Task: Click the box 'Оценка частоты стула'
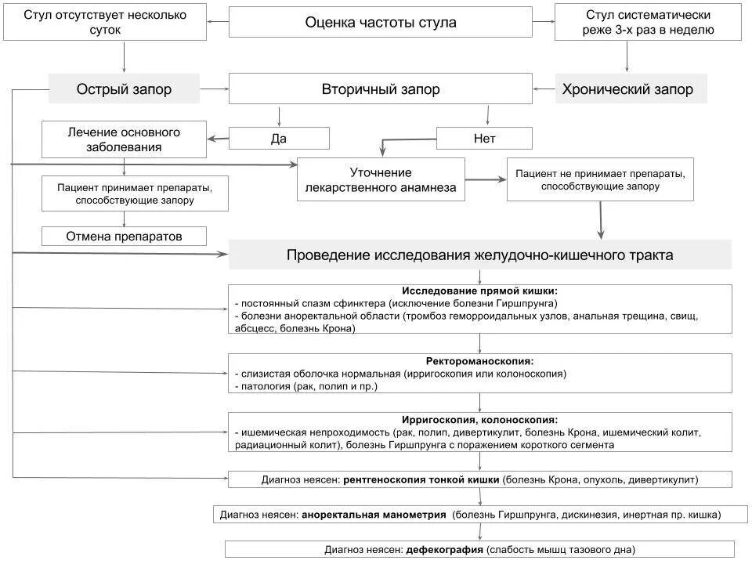click(x=381, y=23)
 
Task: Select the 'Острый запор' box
click(x=124, y=89)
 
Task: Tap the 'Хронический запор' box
click(x=627, y=89)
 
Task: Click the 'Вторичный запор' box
click(x=381, y=89)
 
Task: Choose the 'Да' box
click(x=279, y=139)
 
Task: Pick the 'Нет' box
click(x=484, y=139)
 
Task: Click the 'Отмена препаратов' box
click(x=124, y=236)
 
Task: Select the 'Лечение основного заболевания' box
click(x=124, y=139)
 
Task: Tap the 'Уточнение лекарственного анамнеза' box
click(x=381, y=180)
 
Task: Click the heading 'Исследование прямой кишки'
click(x=480, y=291)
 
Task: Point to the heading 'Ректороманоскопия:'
click(x=480, y=361)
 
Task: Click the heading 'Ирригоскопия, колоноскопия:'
click(x=480, y=420)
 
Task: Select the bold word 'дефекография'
click(x=445, y=549)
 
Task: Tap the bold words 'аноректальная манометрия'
click(x=374, y=515)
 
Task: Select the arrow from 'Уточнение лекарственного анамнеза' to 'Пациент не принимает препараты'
click(x=486, y=180)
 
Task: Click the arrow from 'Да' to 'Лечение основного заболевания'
click(x=218, y=139)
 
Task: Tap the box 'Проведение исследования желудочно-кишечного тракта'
click(x=479, y=255)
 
